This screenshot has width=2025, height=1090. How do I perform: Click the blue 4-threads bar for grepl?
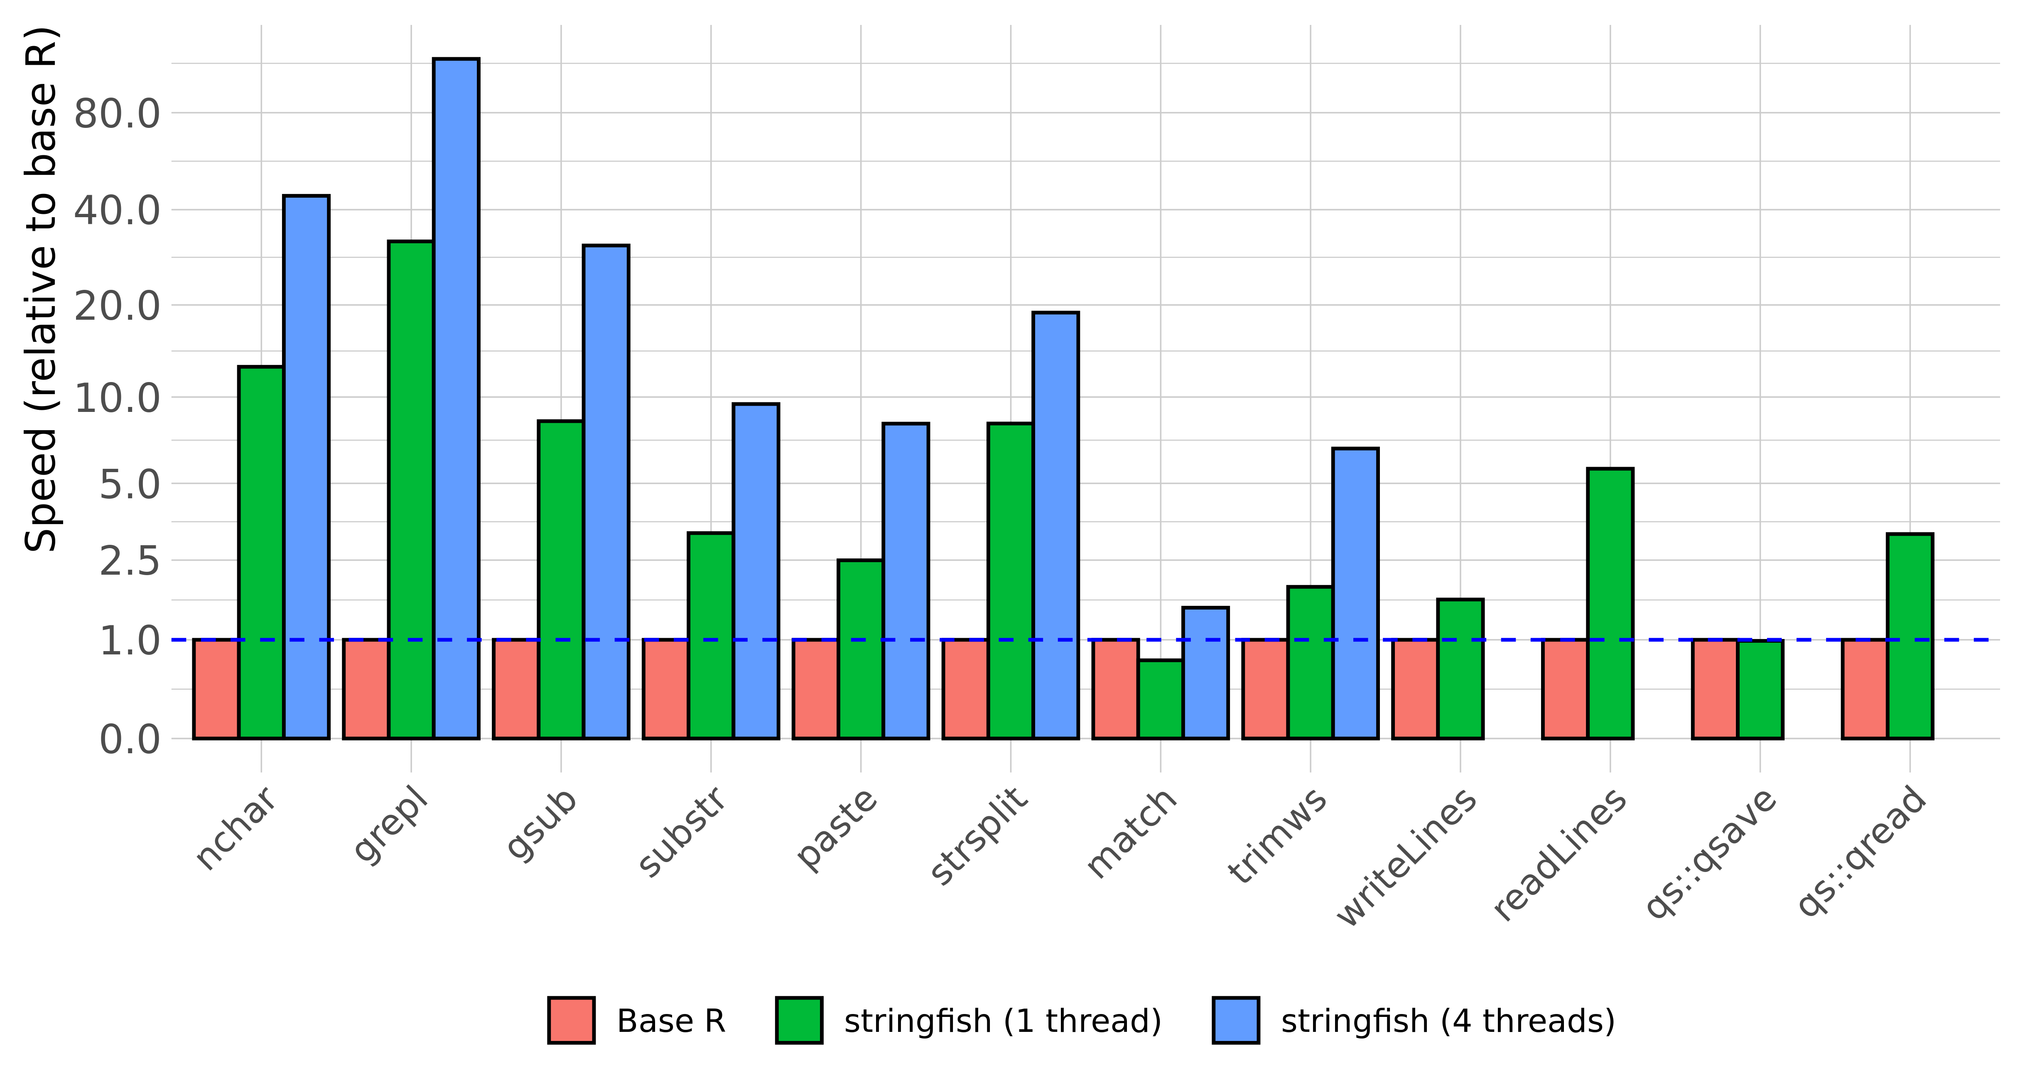click(x=457, y=399)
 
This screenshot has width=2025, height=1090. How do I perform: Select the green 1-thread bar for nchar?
click(x=261, y=552)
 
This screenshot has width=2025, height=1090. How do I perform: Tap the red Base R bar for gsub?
click(x=515, y=689)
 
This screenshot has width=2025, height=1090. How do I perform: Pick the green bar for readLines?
click(x=1610, y=603)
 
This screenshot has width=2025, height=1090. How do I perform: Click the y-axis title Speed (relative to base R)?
click(x=41, y=289)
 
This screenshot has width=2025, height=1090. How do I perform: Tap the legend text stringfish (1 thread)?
click(x=1002, y=1021)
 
